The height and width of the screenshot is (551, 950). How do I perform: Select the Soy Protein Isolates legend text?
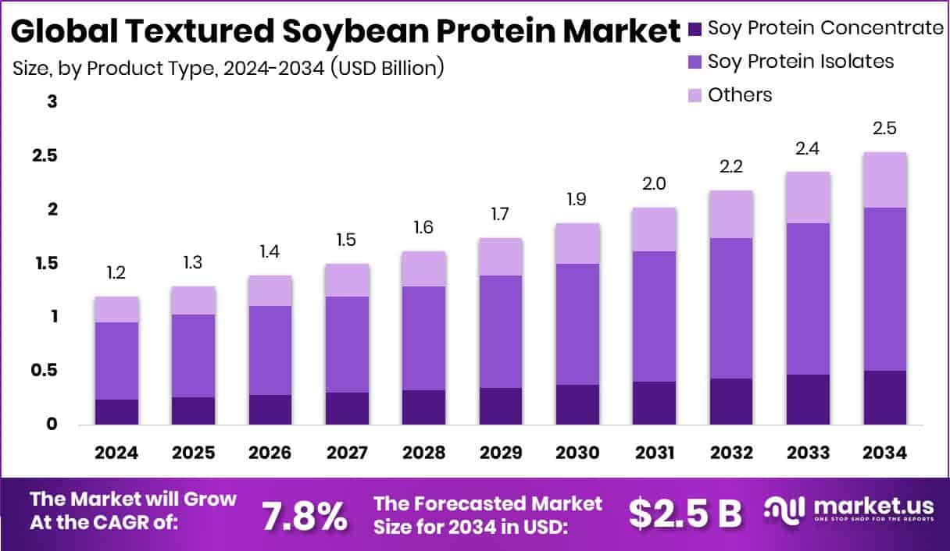coord(801,61)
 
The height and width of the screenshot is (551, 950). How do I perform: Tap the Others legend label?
coord(739,95)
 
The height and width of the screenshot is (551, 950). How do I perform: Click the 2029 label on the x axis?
coord(501,453)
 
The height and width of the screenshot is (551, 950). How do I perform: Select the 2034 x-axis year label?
coord(884,453)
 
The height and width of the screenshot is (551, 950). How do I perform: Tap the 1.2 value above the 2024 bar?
coord(116,273)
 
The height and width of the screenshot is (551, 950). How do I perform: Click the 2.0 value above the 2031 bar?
coord(655,183)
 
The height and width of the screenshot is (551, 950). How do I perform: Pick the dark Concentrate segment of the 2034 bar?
coord(884,397)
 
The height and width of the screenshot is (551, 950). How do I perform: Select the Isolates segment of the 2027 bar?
coord(347,344)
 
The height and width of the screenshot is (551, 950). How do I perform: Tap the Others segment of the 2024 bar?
coord(116,309)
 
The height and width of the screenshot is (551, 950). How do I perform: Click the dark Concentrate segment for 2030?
coord(577,404)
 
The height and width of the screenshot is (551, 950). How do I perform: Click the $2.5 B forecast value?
coord(685,514)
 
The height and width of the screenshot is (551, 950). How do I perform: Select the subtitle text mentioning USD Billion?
coord(228,68)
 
